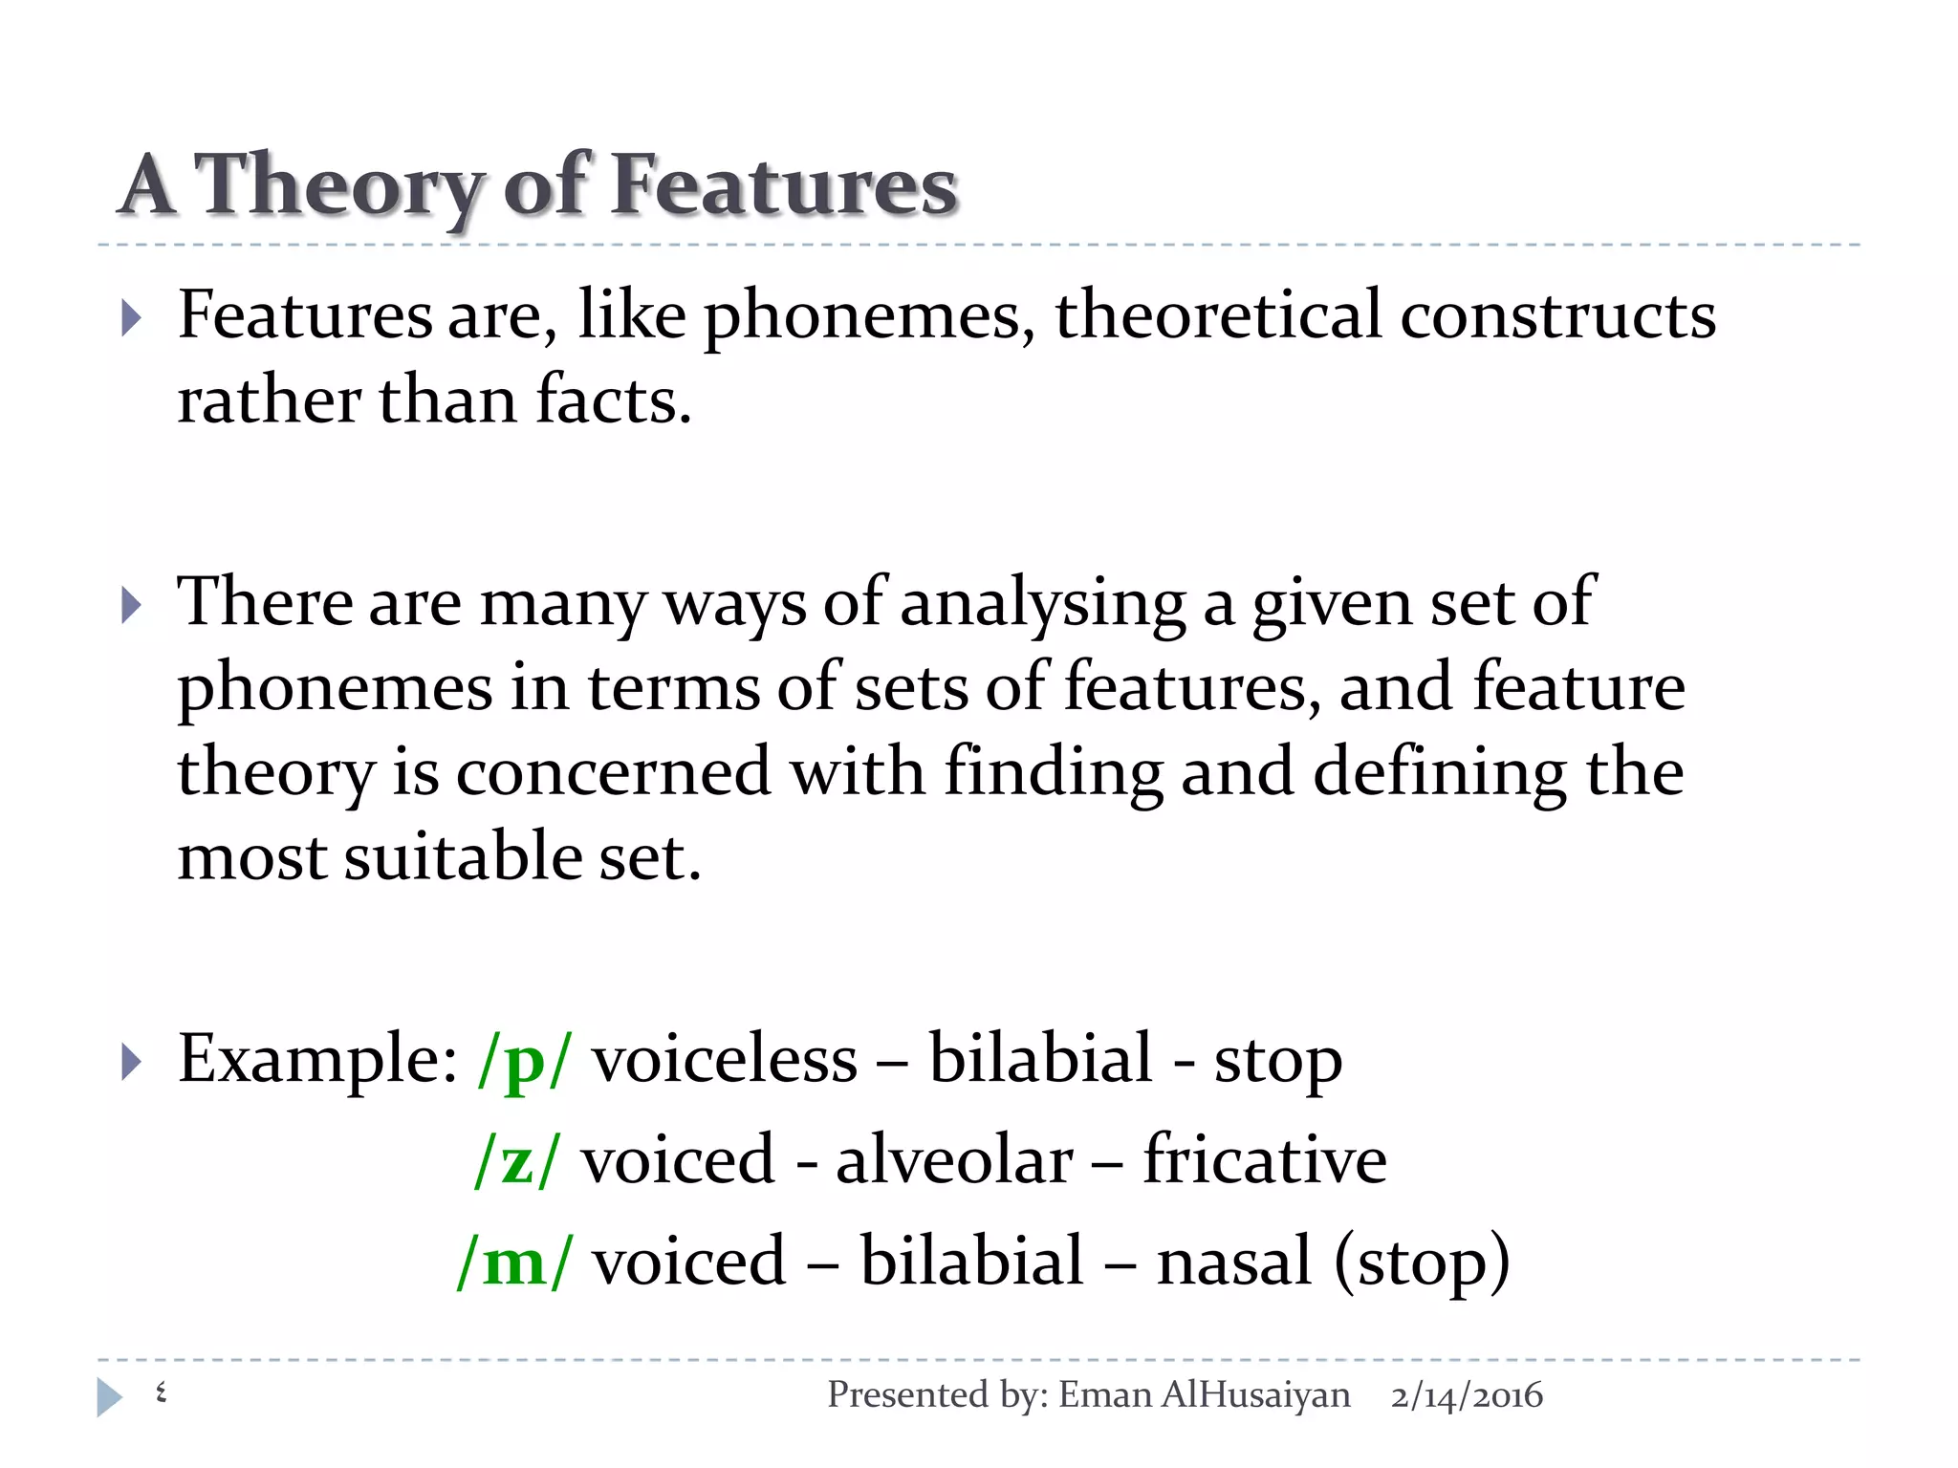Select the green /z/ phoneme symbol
tap(515, 1160)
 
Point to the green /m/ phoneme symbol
tap(515, 1262)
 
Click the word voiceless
tap(725, 1060)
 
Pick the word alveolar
tap(954, 1160)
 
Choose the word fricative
tap(1264, 1160)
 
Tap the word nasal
tap(1233, 1262)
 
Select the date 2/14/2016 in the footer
tap(1467, 1396)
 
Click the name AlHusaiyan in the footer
tap(1255, 1396)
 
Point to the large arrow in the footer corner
tap(109, 1397)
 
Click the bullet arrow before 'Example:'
tap(132, 1062)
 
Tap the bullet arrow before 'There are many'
tap(132, 605)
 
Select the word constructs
tap(1557, 315)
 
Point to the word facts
tap(612, 400)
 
